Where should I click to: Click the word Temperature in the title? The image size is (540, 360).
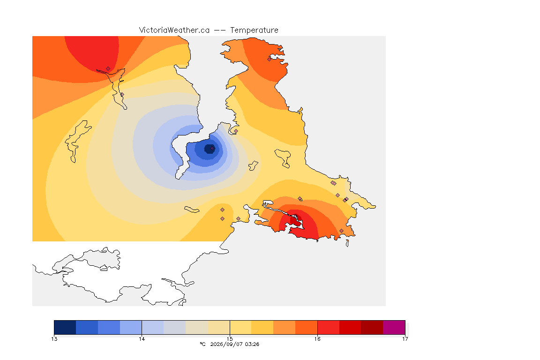coord(254,30)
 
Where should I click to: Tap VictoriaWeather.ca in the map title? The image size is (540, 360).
coord(174,30)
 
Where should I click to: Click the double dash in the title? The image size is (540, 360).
coord(220,30)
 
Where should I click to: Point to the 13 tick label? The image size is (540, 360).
coord(54,339)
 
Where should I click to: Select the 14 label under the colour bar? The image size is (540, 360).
coord(142,339)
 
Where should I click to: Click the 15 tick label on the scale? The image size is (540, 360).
coord(230,339)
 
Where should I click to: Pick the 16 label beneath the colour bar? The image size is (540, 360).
coord(317,339)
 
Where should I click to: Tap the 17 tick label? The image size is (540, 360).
coord(405,339)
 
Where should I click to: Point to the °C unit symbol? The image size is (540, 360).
coord(202,344)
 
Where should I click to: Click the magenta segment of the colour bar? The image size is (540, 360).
coord(394,327)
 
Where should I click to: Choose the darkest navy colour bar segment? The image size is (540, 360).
coord(65,327)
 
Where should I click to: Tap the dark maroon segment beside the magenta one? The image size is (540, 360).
coord(372,327)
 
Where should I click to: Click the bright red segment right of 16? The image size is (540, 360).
coord(328,327)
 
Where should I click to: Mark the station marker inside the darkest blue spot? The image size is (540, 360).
coord(212,149)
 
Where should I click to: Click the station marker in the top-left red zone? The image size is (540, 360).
coord(108,69)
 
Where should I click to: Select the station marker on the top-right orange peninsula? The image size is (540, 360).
coord(270,59)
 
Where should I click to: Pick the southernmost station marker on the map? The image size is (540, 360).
coord(341,231)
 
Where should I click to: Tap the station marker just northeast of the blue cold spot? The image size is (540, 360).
coord(236,131)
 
